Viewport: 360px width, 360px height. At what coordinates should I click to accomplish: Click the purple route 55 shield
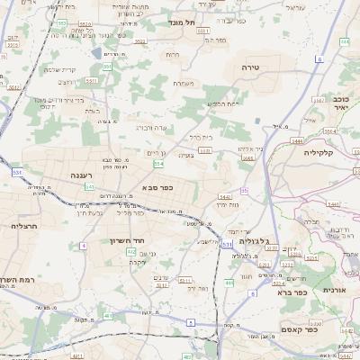point(244,190)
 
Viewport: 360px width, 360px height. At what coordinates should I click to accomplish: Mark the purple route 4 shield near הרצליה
point(83,245)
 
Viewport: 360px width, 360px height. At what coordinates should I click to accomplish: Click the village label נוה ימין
point(227,205)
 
